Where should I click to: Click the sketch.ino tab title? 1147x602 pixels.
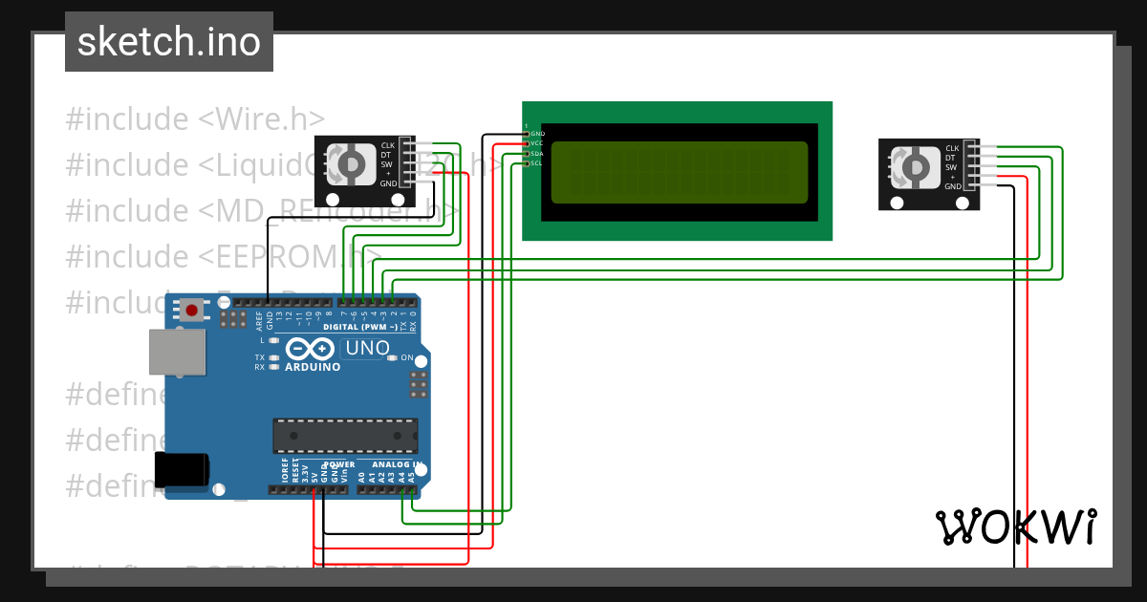[169, 42]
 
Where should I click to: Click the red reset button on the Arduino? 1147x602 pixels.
[193, 311]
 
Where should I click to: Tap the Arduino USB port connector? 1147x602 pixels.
[178, 354]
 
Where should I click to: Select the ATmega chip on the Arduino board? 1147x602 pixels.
[345, 435]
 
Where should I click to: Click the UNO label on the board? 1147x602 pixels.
[366, 348]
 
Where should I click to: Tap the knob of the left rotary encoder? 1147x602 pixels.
[350, 164]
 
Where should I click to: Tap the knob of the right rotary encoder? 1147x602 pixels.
[913, 167]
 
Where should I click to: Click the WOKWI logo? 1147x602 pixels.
[1016, 527]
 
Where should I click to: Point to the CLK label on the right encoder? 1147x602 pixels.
[952, 149]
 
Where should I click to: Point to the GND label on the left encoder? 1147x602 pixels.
[388, 183]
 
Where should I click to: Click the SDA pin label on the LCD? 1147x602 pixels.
[536, 154]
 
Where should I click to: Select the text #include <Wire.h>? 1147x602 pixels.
[195, 119]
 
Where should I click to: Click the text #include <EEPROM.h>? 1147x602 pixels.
[224, 256]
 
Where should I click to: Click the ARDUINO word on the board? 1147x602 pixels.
[313, 367]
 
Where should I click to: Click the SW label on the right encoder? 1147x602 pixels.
[951, 168]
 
